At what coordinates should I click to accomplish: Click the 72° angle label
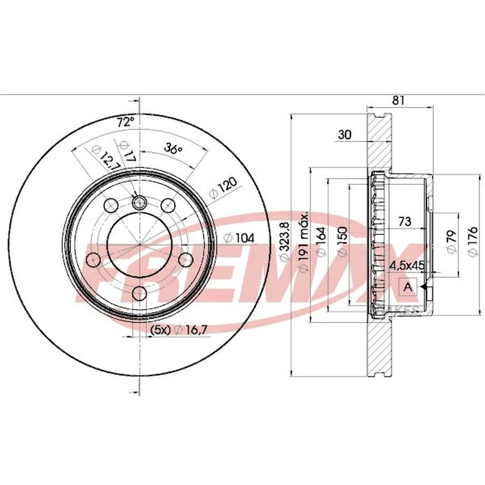pyautogui.click(x=125, y=122)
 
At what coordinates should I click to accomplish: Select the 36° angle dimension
pyautogui.click(x=173, y=148)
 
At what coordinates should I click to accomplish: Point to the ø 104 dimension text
pyautogui.click(x=239, y=238)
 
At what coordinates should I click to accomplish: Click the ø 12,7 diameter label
pyautogui.click(x=106, y=158)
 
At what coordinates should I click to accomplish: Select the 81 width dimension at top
pyautogui.click(x=398, y=101)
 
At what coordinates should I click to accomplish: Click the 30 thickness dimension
pyautogui.click(x=344, y=135)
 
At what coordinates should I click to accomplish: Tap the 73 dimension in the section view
pyautogui.click(x=405, y=221)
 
